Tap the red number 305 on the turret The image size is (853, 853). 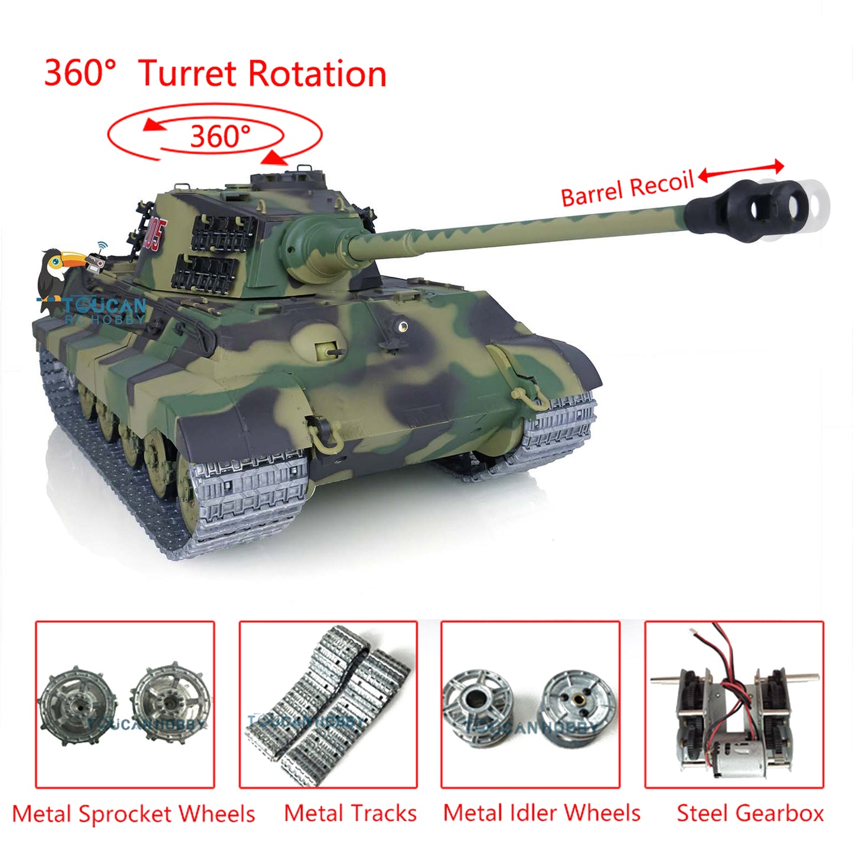pyautogui.click(x=156, y=234)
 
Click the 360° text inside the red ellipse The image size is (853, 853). pyautogui.click(x=220, y=136)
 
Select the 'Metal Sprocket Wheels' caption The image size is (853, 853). pyautogui.click(x=133, y=813)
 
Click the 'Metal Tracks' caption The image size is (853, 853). pyautogui.click(x=350, y=813)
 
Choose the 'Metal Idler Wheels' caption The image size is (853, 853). pyautogui.click(x=541, y=813)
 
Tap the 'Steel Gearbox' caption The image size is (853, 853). pyautogui.click(x=750, y=813)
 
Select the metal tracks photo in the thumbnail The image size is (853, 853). pyautogui.click(x=328, y=705)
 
